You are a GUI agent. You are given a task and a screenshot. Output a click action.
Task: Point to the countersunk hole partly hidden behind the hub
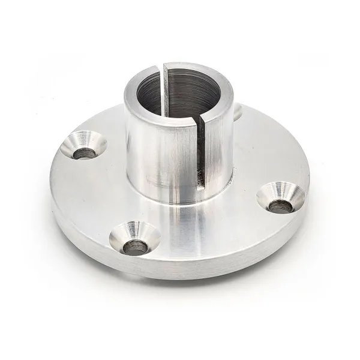coord(237,111)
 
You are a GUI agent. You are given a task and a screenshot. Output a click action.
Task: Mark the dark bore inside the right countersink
coord(280,206)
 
